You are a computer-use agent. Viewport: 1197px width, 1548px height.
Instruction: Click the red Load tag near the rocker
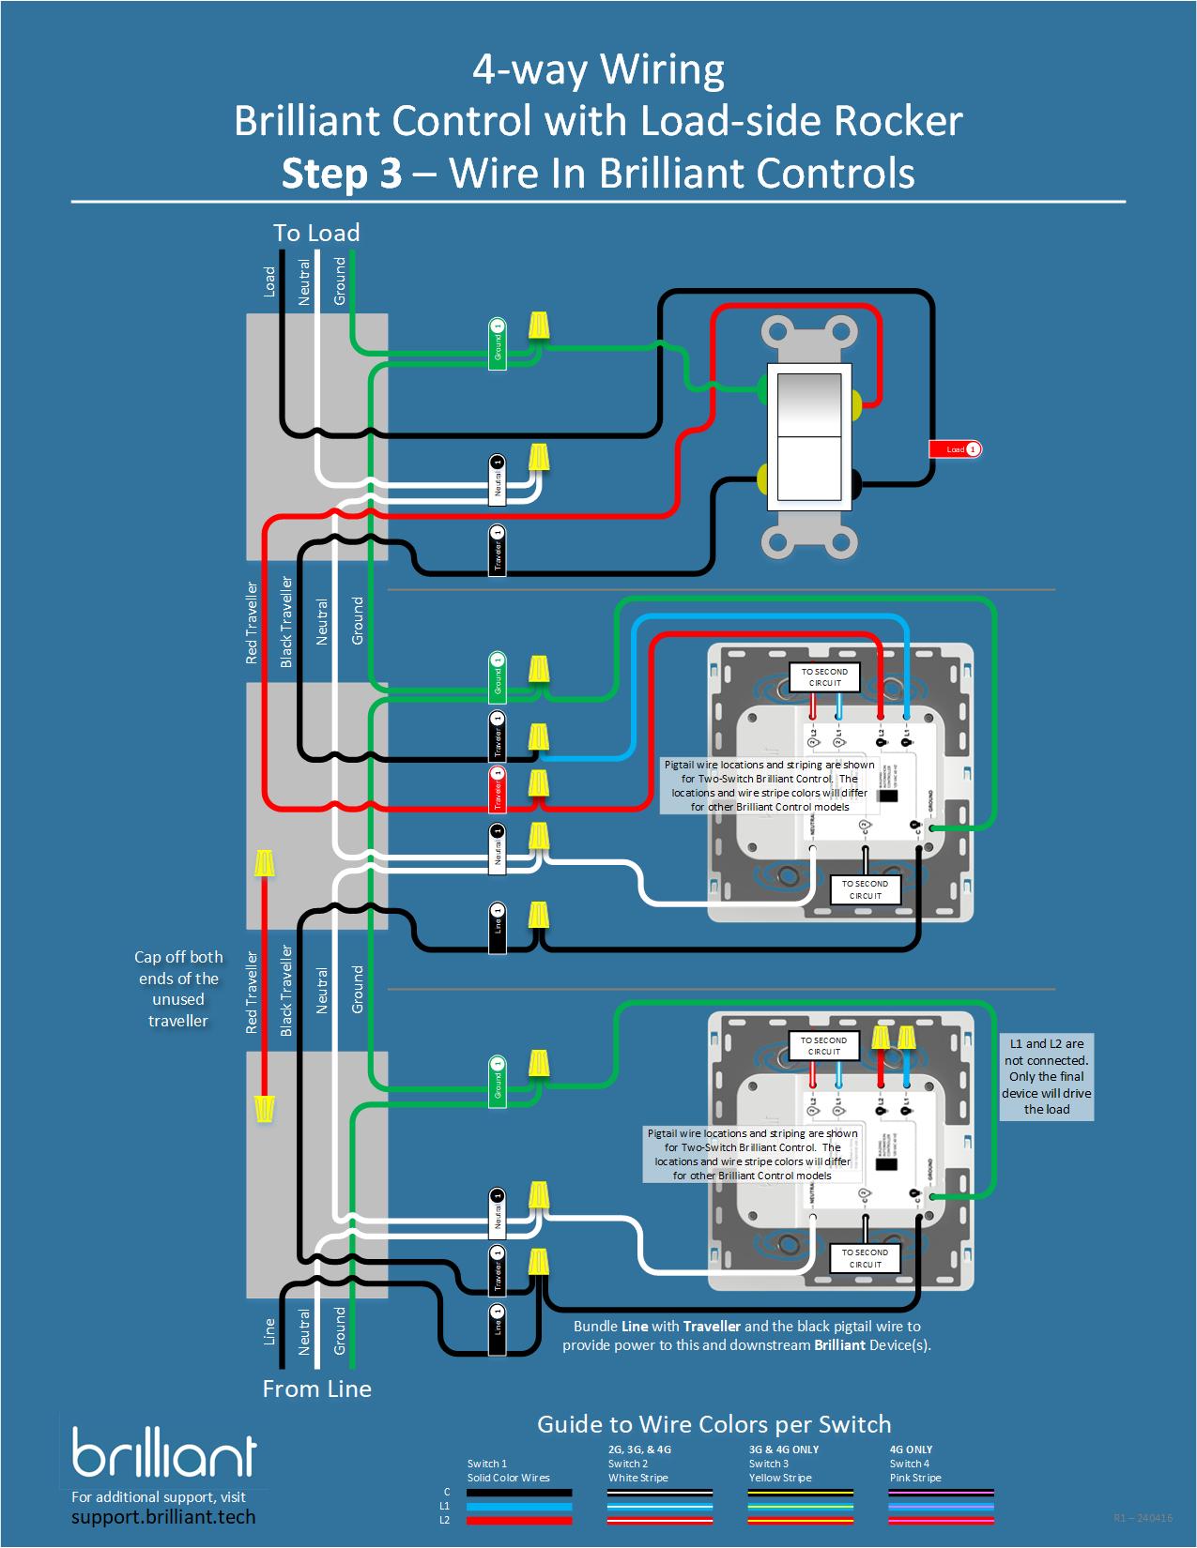coord(955,449)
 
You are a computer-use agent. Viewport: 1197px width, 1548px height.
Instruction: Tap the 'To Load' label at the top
coord(316,233)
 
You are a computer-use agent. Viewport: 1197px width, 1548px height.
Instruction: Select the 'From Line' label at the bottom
coord(316,1389)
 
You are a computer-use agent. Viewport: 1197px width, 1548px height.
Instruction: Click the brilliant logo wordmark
coord(164,1455)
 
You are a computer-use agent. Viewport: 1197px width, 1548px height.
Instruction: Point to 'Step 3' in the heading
coord(342,174)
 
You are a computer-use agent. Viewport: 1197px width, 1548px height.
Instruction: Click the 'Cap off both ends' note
coord(178,988)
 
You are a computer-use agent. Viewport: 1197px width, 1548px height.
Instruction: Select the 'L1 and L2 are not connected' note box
coord(1046,1076)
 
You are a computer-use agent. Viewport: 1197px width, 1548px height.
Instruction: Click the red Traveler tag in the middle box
coord(498,789)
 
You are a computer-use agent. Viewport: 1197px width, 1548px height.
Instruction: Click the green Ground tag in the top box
coord(498,343)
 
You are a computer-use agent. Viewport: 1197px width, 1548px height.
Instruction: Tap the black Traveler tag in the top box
coord(498,551)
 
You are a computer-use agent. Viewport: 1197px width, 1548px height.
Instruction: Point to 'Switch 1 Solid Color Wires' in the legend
coord(508,1470)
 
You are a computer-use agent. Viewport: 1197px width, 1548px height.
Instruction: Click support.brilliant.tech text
coord(163,1517)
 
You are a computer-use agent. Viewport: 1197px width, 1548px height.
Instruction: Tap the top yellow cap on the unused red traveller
coord(265,862)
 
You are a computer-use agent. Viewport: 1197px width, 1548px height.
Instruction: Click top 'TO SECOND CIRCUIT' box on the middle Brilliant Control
coord(824,677)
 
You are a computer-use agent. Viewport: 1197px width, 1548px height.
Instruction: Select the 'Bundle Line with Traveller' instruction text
coord(746,1335)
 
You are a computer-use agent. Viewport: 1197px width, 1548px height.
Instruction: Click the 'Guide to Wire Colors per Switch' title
coord(714,1424)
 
